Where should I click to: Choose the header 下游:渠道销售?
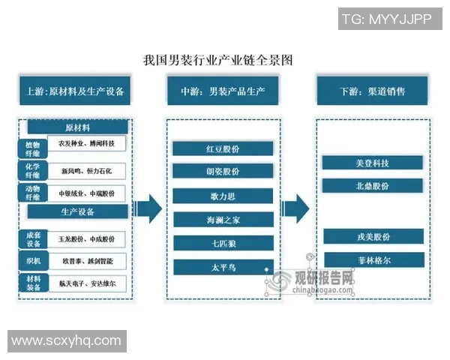pyautogui.click(x=373, y=91)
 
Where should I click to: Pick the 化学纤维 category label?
pyautogui.click(x=31, y=172)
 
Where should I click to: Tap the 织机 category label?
pyautogui.click(x=31, y=261)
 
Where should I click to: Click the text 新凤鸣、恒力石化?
pyautogui.click(x=86, y=172)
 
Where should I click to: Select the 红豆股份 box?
pyautogui.click(x=223, y=148)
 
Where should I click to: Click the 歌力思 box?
pyautogui.click(x=223, y=196)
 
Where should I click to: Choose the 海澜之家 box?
pyautogui.click(x=223, y=220)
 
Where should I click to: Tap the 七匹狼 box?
pyautogui.click(x=223, y=243)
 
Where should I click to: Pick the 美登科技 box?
pyautogui.click(x=373, y=162)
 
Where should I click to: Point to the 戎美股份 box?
pyautogui.click(x=373, y=236)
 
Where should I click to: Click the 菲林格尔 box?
pyautogui.click(x=373, y=260)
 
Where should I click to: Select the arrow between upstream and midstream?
pyautogui.click(x=150, y=208)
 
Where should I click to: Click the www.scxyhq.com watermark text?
pyautogui.click(x=66, y=340)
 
